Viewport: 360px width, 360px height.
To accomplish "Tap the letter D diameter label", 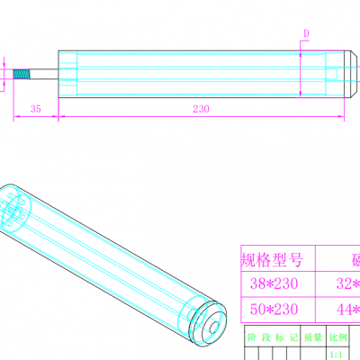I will [x=306, y=33].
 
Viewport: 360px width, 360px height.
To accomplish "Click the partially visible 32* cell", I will [x=346, y=284].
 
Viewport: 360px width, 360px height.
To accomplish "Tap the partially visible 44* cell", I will [x=346, y=310].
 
